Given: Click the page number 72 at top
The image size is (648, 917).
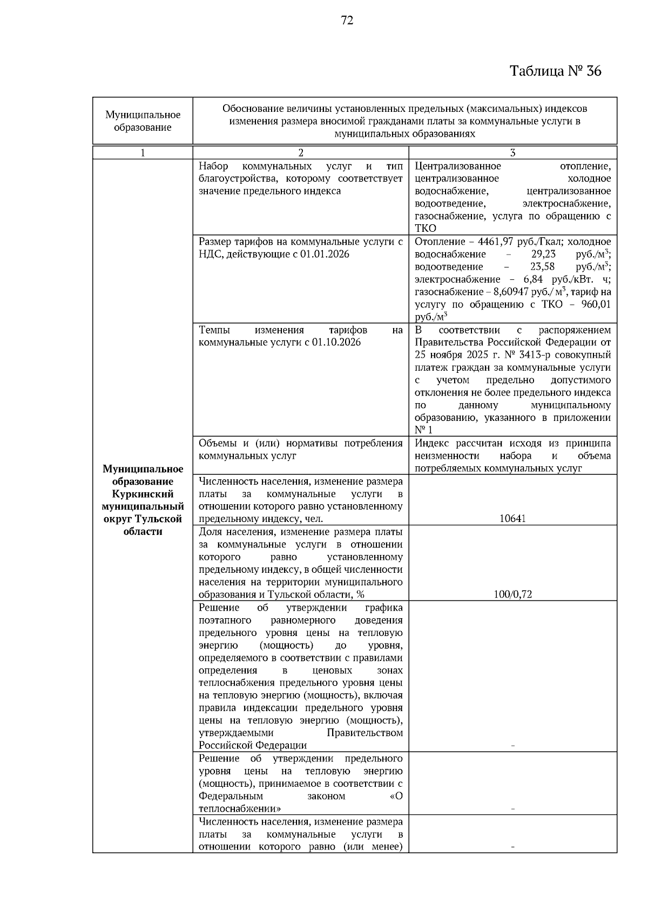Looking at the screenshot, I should tap(347, 21).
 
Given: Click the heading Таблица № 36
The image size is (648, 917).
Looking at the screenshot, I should tap(555, 71).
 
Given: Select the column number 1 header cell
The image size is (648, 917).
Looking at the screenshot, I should tap(143, 153).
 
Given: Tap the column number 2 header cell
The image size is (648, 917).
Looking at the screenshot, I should tap(301, 153).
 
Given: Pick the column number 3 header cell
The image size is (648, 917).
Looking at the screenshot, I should tap(512, 153).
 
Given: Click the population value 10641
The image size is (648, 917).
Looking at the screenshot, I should tap(512, 519).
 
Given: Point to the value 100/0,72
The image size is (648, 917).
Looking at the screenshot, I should tap(512, 594).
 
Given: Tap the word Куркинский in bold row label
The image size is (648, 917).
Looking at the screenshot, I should tap(143, 494).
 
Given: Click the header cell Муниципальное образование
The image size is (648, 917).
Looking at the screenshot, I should tap(143, 121).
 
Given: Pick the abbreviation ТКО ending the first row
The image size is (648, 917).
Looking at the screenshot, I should tap(425, 229).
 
